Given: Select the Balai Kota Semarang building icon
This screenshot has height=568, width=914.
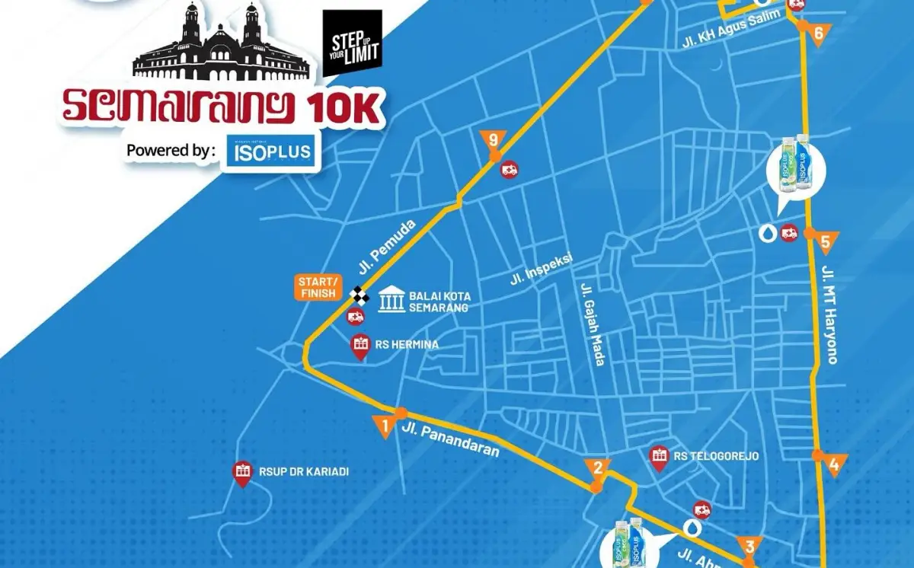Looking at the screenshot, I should pos(391,298).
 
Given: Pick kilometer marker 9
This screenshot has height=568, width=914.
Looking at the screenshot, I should pos(494,140).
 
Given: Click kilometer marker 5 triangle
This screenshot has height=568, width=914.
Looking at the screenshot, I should pos(826,244).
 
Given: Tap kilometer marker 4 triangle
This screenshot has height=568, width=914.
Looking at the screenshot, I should pos(835,464).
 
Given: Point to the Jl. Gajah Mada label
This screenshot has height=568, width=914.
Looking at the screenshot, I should pos(593,324).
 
